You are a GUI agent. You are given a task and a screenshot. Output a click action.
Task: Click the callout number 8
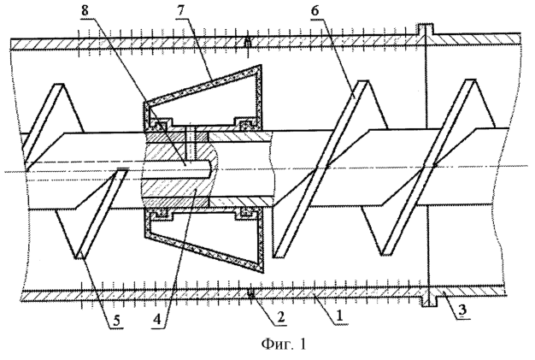tap(85, 10)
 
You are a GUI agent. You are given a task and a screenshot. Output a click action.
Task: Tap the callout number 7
tap(180, 10)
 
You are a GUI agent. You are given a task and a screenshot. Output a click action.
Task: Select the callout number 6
tap(315, 11)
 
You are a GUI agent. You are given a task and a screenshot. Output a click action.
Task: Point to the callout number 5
tap(116, 322)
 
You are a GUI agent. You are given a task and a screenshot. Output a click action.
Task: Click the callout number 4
tap(157, 322)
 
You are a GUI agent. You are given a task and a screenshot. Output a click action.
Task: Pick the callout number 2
tap(281, 316)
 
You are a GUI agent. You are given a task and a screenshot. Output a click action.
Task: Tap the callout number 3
tap(462, 311)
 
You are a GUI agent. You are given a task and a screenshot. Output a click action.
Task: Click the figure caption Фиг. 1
tap(284, 344)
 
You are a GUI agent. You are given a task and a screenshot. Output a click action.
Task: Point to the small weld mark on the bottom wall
tap(251, 293)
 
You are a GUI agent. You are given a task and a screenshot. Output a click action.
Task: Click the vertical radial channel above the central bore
tap(189, 143)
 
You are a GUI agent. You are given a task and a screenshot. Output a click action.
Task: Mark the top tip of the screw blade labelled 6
tap(362, 81)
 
